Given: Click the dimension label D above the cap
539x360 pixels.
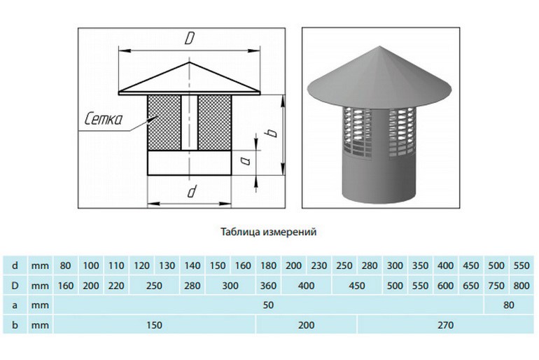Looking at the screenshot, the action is point(190,38).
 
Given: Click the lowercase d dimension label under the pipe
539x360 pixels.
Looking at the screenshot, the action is point(192,191).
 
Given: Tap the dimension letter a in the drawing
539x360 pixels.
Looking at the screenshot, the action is point(245,160).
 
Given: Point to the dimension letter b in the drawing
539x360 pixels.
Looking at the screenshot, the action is point(272,132).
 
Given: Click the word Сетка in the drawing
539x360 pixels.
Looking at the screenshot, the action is point(104,119).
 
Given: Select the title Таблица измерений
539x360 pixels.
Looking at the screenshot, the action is point(269,232).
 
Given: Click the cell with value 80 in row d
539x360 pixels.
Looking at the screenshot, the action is point(65,265).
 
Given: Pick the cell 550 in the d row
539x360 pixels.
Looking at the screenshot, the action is point(521,265).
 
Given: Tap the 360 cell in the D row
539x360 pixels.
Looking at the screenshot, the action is point(268,286).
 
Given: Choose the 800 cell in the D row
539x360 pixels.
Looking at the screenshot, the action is point(521,286).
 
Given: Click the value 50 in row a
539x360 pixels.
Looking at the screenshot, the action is point(268,305).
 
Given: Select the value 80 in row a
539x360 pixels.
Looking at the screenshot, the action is point(509,305).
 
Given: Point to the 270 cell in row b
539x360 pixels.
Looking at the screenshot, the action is point(445,325).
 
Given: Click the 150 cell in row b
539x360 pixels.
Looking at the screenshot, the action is point(154,325).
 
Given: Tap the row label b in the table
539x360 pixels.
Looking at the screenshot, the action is point(15,325).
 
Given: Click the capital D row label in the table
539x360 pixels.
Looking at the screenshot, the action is point(15,286).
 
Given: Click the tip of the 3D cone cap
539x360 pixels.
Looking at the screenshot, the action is point(380,46).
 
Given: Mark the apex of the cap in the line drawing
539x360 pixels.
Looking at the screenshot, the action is point(189,62).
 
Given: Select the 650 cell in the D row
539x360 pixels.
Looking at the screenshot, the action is point(471,286).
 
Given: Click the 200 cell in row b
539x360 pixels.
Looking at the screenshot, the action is point(307,325).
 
